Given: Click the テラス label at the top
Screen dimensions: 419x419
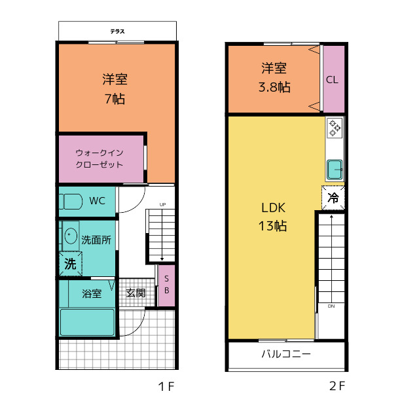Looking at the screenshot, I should coord(117,30).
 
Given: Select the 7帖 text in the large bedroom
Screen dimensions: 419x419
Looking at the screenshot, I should coord(115,100).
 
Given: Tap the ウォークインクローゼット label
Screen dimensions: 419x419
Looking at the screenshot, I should coord(99,158).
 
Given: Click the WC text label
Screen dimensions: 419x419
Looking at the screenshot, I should coord(98,200).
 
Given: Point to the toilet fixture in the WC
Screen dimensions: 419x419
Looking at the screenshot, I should coord(70,200).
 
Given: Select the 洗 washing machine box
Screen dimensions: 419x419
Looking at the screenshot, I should coord(69,264).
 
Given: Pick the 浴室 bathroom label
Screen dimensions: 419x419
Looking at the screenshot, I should coord(92,293).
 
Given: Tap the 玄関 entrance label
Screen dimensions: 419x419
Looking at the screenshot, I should coord(136,293).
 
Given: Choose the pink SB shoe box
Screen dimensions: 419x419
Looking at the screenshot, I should coord(166,285).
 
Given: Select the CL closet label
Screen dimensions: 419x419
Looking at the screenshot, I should coord(333,81).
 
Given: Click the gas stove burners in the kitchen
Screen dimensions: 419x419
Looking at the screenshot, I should coord(335,127).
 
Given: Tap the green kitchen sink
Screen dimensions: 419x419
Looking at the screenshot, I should coord(335,170).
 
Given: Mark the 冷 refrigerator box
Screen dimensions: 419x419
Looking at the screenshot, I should coord(333,197).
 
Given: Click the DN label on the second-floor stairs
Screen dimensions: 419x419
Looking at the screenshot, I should coord(331,306).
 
